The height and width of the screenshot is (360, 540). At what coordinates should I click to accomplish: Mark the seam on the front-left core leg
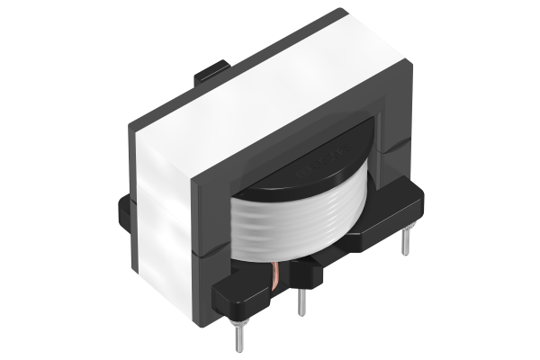[209, 253]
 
